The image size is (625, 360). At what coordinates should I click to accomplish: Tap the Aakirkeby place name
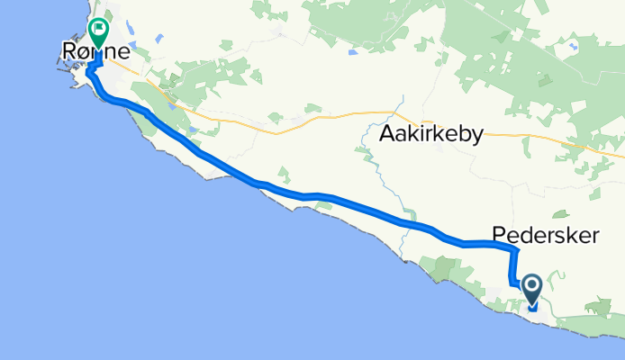tap(431, 134)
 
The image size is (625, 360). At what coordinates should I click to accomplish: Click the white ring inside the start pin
tap(531, 286)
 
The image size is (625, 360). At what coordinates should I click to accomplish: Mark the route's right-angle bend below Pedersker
tap(515, 250)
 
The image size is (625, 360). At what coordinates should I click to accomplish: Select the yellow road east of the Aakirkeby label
tap(540, 134)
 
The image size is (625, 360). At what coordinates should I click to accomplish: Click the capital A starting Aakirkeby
tap(387, 134)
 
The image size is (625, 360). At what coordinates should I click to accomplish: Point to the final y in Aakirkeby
tap(477, 137)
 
